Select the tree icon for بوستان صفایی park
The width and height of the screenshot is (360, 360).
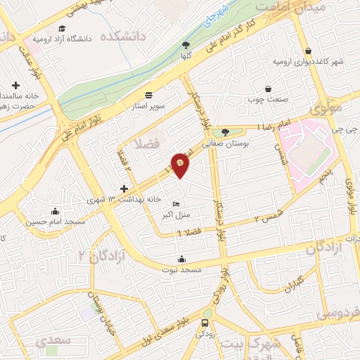tap(225, 131)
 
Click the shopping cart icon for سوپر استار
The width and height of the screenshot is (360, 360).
tap(148, 95)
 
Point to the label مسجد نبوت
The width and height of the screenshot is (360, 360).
tap(182, 269)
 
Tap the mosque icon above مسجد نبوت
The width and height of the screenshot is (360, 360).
tap(182, 258)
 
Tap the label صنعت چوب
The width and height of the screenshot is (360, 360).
tap(269, 99)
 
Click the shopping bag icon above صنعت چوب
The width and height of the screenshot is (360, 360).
tap(269, 89)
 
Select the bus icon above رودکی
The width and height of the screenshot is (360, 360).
tap(205, 323)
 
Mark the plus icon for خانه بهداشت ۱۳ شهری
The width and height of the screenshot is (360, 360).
tap(124, 189)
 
